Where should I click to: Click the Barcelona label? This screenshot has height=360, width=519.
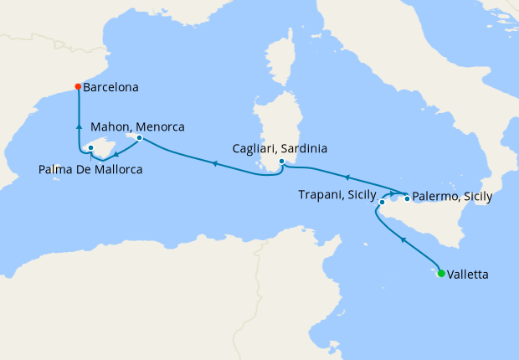click(110, 86)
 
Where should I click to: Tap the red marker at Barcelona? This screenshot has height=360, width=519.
click(78, 86)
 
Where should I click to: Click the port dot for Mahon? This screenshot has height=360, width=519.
click(139, 137)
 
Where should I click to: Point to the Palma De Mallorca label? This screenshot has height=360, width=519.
click(90, 170)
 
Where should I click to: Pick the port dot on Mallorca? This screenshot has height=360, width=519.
click(90, 149)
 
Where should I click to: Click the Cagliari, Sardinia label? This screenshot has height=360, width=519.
click(279, 148)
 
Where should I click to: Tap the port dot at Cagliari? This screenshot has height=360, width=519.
click(282, 162)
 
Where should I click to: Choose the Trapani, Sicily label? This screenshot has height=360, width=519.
click(337, 194)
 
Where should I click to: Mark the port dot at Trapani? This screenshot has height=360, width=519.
click(382, 202)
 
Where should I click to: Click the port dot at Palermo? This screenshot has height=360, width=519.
click(407, 198)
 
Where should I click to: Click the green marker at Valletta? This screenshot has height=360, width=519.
click(441, 272)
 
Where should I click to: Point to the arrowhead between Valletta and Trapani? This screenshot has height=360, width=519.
click(403, 239)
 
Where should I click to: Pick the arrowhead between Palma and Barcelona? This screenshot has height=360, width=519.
click(79, 126)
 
